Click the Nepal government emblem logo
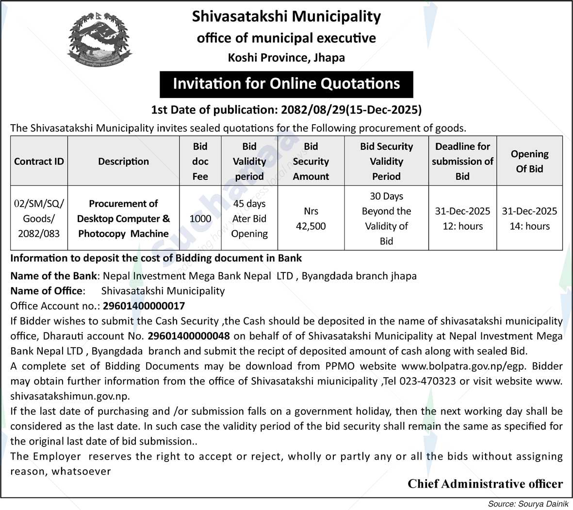[98, 39]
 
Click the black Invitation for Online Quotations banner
[286, 84]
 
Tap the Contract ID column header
[39, 161]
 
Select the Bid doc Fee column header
[200, 161]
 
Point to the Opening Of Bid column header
[529, 161]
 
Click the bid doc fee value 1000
[200, 219]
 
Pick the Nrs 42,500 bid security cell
[311, 219]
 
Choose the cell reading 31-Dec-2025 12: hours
[462, 219]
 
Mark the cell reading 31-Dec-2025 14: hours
[529, 219]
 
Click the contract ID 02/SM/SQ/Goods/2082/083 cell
[39, 219]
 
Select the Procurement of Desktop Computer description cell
[123, 219]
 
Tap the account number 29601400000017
[143, 306]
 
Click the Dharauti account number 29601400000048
[189, 336]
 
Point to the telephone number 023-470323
[426, 381]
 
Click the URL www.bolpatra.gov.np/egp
[457, 366]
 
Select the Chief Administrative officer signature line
[485, 484]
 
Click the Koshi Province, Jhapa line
[286, 58]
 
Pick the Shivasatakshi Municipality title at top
[286, 16]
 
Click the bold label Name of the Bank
[53, 276]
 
